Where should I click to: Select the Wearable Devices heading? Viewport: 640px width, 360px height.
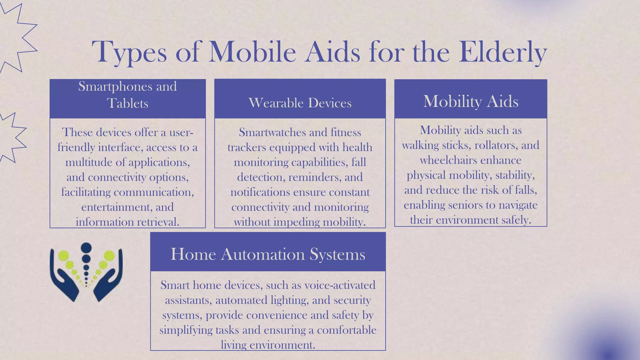(x=300, y=103)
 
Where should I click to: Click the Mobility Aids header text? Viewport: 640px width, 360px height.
(x=471, y=101)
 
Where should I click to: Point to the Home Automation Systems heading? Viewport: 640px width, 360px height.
(x=268, y=254)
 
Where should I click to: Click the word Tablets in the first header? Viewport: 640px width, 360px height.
(x=127, y=103)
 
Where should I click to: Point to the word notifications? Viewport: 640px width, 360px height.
(x=260, y=192)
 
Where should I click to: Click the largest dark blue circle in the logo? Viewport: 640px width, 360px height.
(x=86, y=247)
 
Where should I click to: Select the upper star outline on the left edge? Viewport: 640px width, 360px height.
(x=16, y=37)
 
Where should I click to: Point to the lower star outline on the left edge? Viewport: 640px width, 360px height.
(x=11, y=137)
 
